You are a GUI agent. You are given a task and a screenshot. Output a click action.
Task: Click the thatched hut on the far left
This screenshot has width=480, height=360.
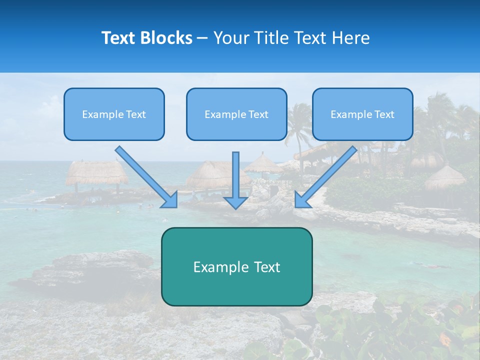coord(96,172)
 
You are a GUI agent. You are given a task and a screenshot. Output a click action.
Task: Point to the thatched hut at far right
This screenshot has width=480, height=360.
coord(445,177)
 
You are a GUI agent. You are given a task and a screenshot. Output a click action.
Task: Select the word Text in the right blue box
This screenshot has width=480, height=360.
coord(384,114)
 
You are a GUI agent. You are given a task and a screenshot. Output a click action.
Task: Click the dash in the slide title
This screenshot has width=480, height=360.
coord(202,38)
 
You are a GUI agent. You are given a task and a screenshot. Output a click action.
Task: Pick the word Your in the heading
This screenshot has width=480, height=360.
coord(230,38)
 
